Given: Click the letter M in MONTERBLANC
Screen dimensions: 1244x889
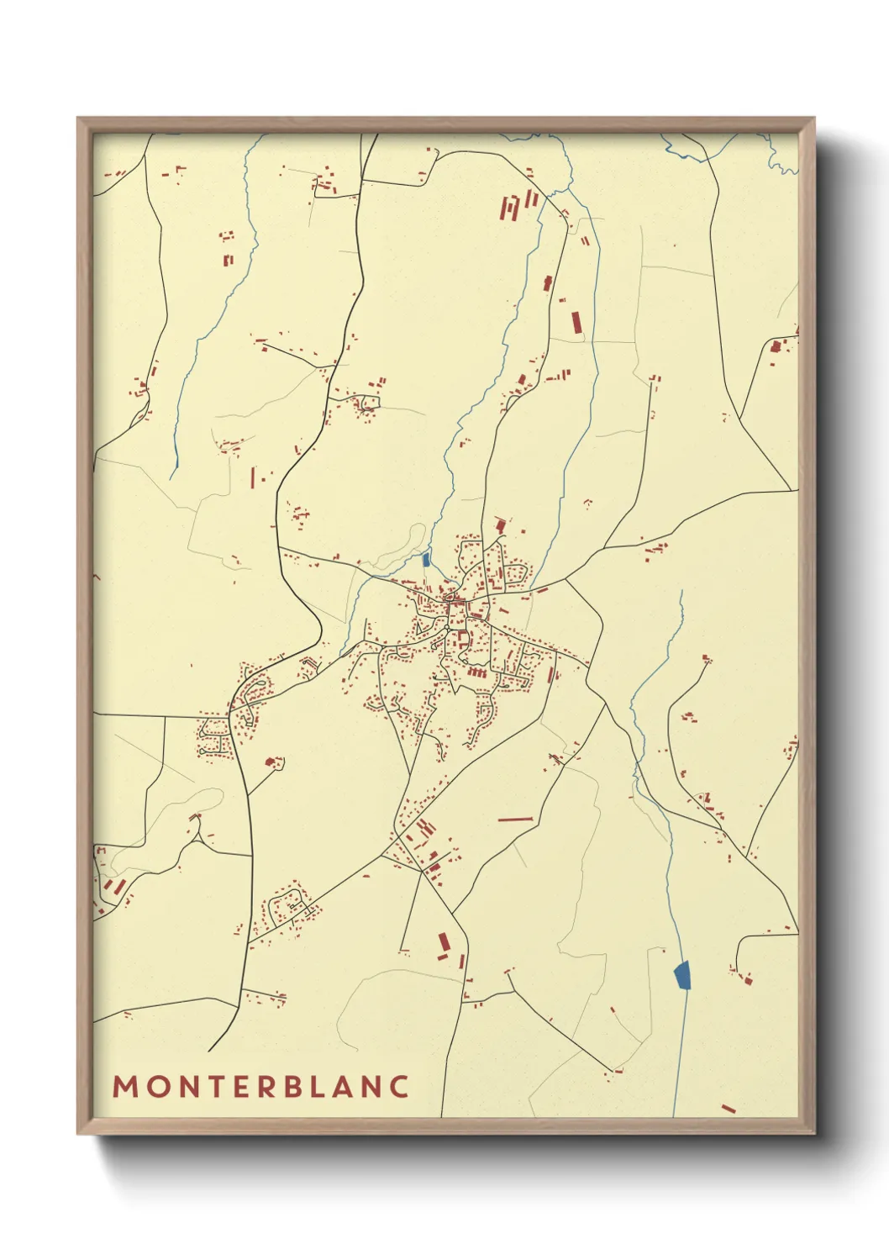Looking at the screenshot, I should (x=125, y=1086).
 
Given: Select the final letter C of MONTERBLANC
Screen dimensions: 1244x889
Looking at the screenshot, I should (x=398, y=1086).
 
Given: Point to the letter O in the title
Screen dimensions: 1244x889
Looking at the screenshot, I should (x=156, y=1086).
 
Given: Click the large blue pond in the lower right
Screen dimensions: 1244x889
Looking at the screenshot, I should (x=682, y=975).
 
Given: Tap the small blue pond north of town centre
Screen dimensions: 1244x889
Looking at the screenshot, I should (x=427, y=559).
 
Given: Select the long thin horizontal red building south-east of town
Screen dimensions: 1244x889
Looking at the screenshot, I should (x=516, y=818).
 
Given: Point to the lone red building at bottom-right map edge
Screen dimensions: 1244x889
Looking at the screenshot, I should (x=728, y=1110).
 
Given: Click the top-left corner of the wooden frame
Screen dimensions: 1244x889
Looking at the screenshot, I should (x=79, y=120).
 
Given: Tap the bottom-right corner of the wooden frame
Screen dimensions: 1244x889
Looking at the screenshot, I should (x=813, y=1131).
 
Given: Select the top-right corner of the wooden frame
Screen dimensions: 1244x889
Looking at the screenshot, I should (x=813, y=120).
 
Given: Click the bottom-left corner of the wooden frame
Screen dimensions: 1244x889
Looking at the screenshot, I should (x=79, y=1131).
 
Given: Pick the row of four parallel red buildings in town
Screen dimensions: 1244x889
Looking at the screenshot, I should (x=476, y=672).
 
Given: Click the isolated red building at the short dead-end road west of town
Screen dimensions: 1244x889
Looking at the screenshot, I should (x=271, y=762).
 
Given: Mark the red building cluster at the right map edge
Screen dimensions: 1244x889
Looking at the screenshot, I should (x=778, y=344).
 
